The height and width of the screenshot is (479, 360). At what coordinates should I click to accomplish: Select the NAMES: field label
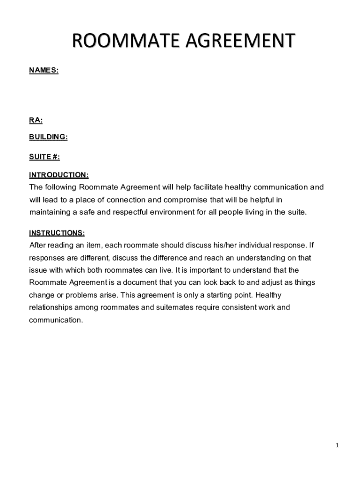(x=44, y=70)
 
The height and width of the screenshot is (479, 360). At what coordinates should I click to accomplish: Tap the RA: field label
(x=36, y=121)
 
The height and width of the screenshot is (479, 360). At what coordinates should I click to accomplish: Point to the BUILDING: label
(x=49, y=137)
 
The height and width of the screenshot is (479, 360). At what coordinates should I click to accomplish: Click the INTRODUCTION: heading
(x=59, y=175)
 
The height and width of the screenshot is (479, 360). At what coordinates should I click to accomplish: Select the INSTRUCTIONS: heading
(x=57, y=233)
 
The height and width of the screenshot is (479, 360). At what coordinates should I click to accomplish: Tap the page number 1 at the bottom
(x=337, y=445)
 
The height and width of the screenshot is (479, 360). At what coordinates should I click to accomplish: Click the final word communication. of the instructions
(x=56, y=320)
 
